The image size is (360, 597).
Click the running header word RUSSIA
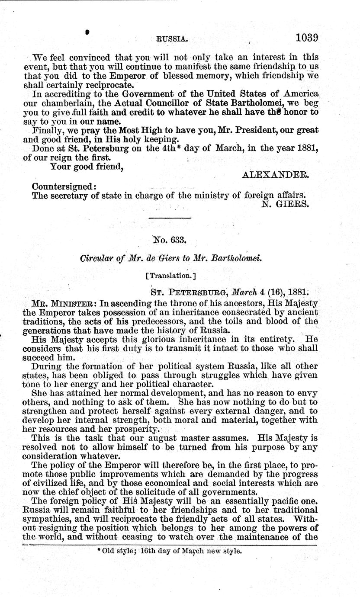tap(172, 39)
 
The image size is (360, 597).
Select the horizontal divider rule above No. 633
tap(169, 218)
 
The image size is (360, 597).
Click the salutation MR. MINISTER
tap(64, 303)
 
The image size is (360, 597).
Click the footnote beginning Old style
tap(169, 552)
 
